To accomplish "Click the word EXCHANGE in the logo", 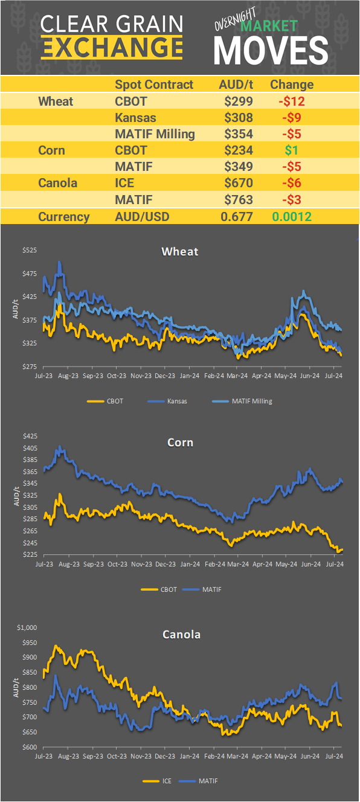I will pos(112,47).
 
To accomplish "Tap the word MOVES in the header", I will pos(271,50).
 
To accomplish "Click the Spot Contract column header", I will pos(154,85).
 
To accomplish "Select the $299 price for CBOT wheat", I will pos(239,101).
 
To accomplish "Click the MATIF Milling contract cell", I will pos(155,134).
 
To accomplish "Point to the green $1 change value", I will pos(292,150).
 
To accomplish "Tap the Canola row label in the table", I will pos(57,183).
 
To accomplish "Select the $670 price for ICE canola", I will pos(239,183).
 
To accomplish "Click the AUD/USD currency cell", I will pos(143,217).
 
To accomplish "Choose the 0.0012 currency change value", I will pos(292,217).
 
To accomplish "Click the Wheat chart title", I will pos(180,251).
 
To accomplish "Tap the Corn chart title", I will pos(180,443).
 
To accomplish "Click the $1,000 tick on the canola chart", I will pos(27,627).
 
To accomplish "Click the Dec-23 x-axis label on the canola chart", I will pos(165,755).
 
